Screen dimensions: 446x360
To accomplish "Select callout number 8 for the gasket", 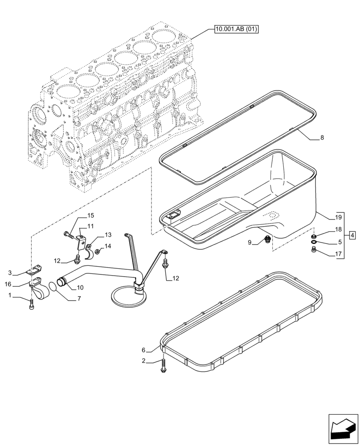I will pyautogui.click(x=322, y=138).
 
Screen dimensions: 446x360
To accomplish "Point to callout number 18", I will pyautogui.click(x=338, y=230).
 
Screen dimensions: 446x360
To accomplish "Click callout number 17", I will pyautogui.click(x=338, y=255).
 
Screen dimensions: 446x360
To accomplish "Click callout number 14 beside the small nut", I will pyautogui.click(x=108, y=246).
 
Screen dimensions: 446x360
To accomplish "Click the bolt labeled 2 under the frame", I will pyautogui.click(x=164, y=366).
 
